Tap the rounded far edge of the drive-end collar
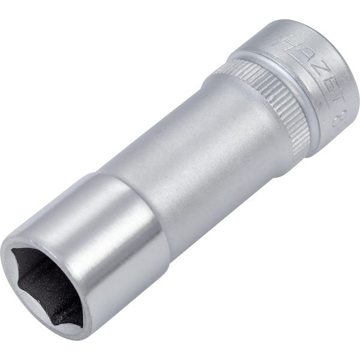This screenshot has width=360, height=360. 345,72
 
